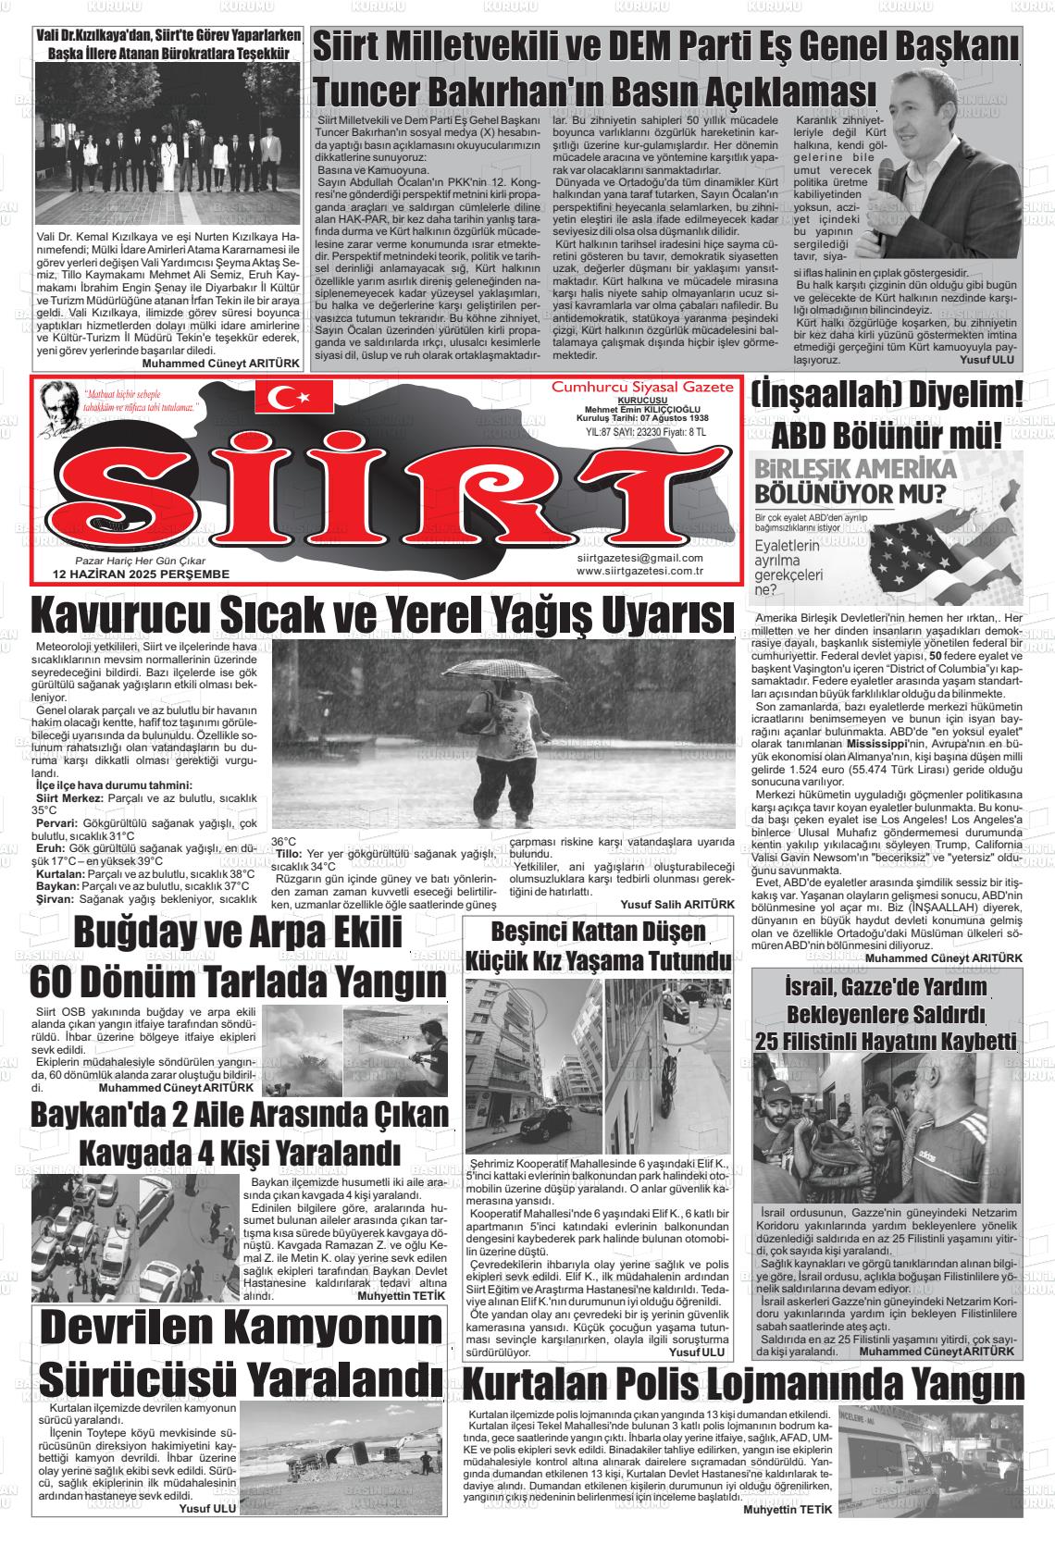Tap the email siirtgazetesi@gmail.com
coord(639,558)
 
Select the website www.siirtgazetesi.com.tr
coord(639,571)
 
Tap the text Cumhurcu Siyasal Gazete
coord(642,386)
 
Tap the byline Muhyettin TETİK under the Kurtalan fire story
coord(788,1510)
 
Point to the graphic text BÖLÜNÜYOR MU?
coord(842,490)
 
